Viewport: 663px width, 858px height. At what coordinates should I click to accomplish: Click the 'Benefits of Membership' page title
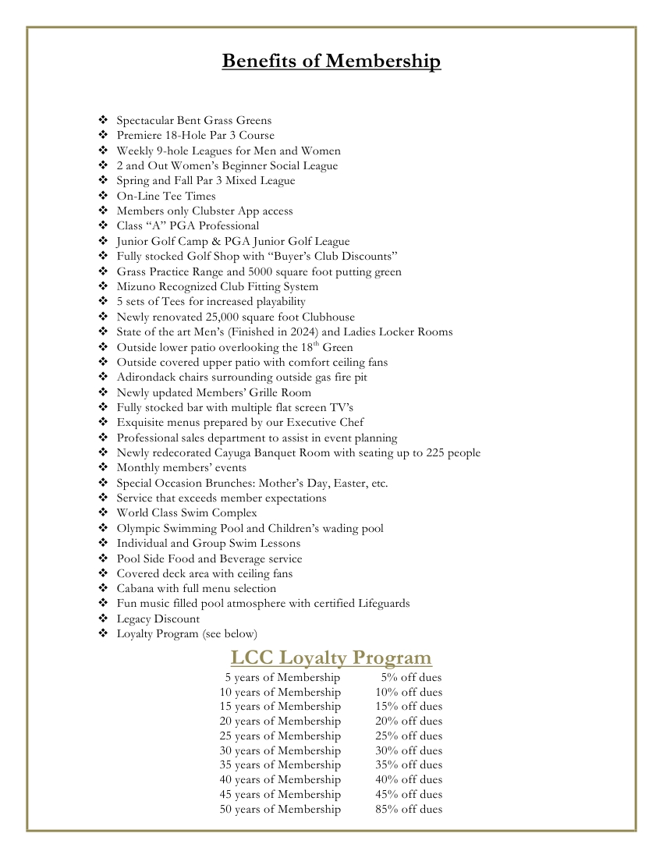pos(331,61)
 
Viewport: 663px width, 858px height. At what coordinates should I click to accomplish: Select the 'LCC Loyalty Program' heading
pos(331,657)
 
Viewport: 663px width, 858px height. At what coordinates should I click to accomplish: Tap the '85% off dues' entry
pos(408,809)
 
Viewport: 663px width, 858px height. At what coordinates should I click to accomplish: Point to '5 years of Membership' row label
pos(282,677)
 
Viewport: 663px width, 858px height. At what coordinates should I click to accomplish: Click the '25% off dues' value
pos(408,736)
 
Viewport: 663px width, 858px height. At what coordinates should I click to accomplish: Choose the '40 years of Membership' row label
pos(280,779)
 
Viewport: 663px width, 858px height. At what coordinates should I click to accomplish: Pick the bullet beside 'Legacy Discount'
pos(103,619)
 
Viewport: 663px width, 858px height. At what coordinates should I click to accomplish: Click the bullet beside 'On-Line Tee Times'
pos(103,196)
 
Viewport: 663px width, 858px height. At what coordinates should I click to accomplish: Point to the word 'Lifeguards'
pos(381,603)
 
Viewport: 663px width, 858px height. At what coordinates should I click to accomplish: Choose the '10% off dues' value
pos(408,692)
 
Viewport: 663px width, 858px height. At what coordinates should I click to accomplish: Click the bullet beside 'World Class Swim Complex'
pos(103,512)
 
